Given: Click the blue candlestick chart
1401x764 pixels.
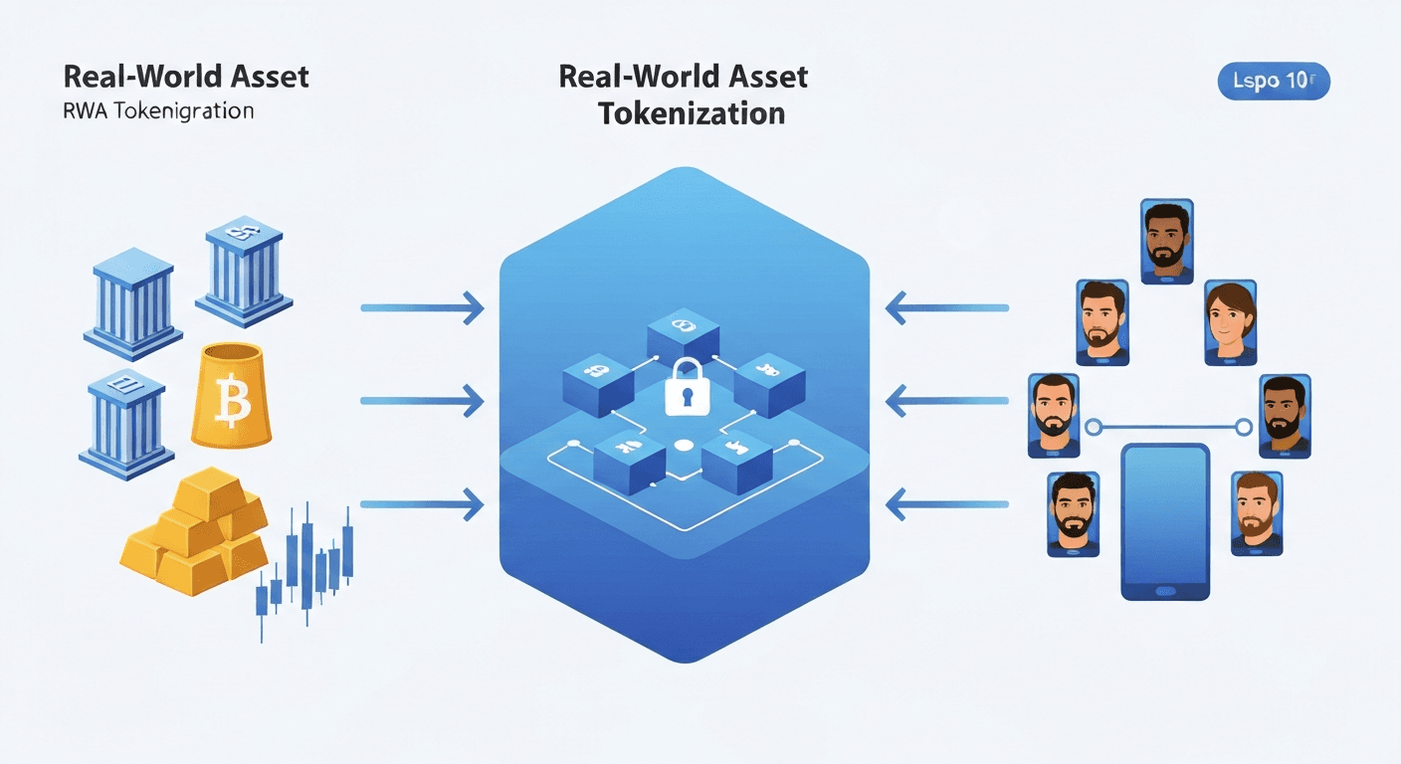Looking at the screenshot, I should pos(303,567).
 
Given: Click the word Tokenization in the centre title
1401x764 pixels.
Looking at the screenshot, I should pos(691,112).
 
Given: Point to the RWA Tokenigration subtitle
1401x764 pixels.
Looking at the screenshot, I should pos(157,110).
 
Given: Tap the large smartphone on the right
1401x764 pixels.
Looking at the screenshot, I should pos(1165,521).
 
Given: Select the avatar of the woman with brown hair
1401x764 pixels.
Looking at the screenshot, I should pos(1229,320).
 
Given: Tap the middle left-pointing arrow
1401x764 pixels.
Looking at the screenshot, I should pos(946,401).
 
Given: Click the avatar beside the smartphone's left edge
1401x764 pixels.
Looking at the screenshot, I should pos(1073,512).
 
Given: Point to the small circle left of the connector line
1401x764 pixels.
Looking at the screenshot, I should pos(1094,428).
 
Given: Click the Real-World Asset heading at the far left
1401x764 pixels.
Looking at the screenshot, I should pos(185,77).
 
